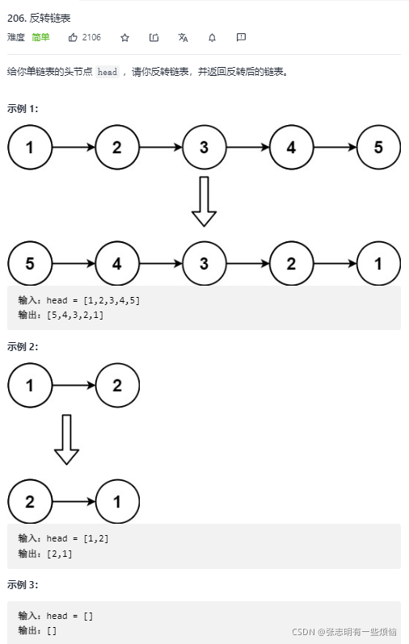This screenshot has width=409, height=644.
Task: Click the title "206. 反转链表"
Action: (x=39, y=18)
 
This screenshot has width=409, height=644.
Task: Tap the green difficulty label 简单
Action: (x=40, y=37)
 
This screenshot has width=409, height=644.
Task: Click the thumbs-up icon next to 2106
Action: (x=73, y=37)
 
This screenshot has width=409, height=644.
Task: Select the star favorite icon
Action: (x=124, y=37)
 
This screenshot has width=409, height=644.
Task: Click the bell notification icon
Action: (x=212, y=37)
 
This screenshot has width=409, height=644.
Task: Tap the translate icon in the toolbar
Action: (x=183, y=37)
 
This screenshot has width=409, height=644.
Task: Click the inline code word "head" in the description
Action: (x=108, y=72)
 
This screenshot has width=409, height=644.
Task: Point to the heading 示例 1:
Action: (x=23, y=108)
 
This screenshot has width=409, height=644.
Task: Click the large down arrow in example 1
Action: (x=204, y=201)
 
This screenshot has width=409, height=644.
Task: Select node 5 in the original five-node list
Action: (x=378, y=148)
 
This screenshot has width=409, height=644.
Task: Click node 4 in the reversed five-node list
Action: (x=117, y=263)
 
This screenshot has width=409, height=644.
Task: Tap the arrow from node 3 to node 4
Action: (x=247, y=148)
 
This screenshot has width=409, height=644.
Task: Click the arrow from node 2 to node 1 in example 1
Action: (x=335, y=263)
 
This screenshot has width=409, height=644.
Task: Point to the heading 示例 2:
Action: (x=23, y=346)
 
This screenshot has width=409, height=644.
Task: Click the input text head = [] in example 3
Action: (x=70, y=616)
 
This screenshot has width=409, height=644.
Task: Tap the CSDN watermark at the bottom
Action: (x=344, y=632)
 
